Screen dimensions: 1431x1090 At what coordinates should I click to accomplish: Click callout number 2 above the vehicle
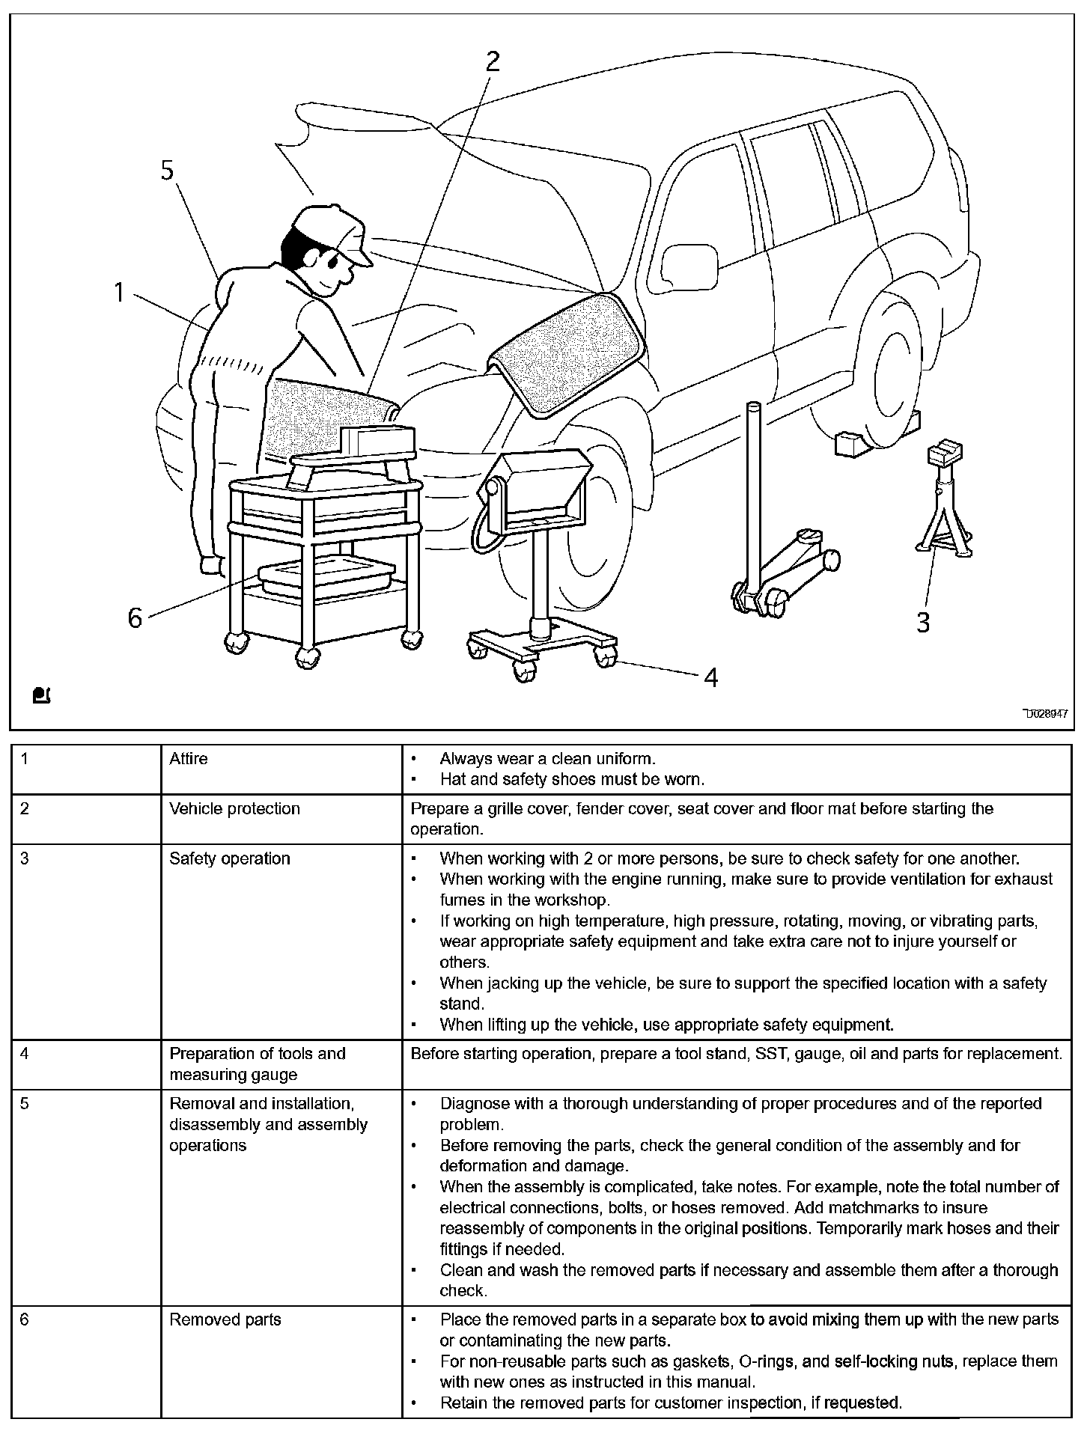(492, 61)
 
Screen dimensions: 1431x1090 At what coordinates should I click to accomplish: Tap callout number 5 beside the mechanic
(167, 171)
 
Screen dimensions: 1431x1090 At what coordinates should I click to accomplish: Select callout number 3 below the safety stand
(923, 622)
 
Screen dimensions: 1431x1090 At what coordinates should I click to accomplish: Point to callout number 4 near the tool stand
(710, 677)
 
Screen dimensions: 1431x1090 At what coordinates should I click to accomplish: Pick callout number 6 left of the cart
(135, 618)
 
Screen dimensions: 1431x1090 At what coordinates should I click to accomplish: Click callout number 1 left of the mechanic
(119, 292)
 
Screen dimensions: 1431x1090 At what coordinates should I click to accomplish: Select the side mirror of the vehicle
(689, 266)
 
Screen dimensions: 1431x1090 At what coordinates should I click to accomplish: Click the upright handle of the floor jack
(752, 494)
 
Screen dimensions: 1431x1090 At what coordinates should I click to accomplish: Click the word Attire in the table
(189, 759)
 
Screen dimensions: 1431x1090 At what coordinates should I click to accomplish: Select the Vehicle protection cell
(234, 809)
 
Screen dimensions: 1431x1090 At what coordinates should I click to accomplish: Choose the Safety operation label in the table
(229, 858)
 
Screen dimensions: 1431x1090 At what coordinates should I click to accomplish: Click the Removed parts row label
(225, 1319)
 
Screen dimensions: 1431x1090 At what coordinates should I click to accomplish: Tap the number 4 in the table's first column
(25, 1054)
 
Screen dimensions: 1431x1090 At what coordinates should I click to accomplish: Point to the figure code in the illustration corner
(1046, 714)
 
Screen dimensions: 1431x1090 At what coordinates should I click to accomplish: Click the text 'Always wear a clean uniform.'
(547, 759)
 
